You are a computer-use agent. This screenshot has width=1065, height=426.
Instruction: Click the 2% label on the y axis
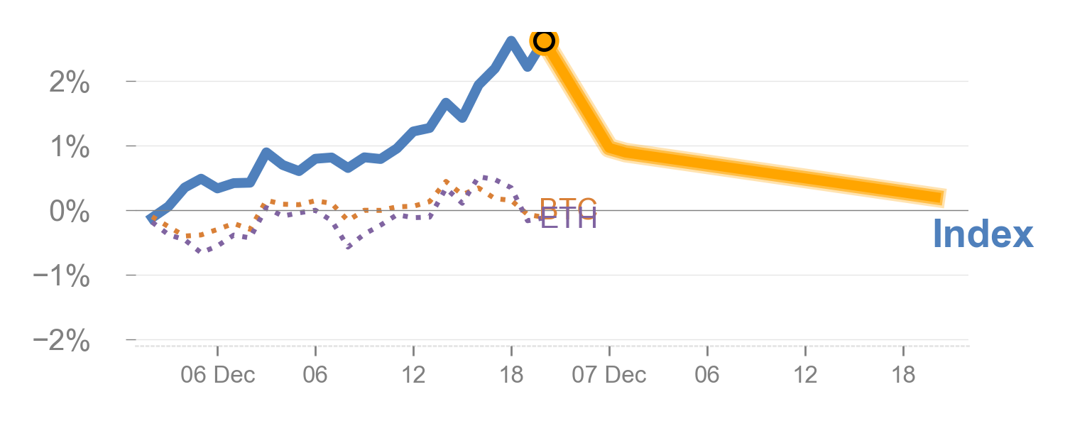[70, 84]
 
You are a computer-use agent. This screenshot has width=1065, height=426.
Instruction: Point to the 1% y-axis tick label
[70, 148]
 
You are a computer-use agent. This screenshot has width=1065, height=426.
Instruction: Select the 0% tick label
[70, 212]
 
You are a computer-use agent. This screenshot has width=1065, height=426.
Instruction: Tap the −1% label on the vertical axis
[62, 277]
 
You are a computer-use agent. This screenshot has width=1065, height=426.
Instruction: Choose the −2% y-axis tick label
[62, 342]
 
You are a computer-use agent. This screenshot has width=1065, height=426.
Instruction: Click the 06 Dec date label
[217, 375]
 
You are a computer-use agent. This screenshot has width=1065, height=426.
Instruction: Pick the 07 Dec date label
[609, 375]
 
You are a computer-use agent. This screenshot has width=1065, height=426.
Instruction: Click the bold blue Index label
[983, 234]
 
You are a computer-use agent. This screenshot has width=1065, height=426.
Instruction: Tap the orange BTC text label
[568, 207]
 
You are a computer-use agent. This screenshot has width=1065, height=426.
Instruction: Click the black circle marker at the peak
[543, 40]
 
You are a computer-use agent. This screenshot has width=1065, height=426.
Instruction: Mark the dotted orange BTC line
[284, 205]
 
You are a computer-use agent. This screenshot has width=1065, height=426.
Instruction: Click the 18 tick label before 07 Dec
[511, 375]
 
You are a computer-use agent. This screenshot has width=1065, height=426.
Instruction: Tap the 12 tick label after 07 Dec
[805, 375]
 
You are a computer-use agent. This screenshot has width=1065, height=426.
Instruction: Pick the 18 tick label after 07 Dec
[903, 375]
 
